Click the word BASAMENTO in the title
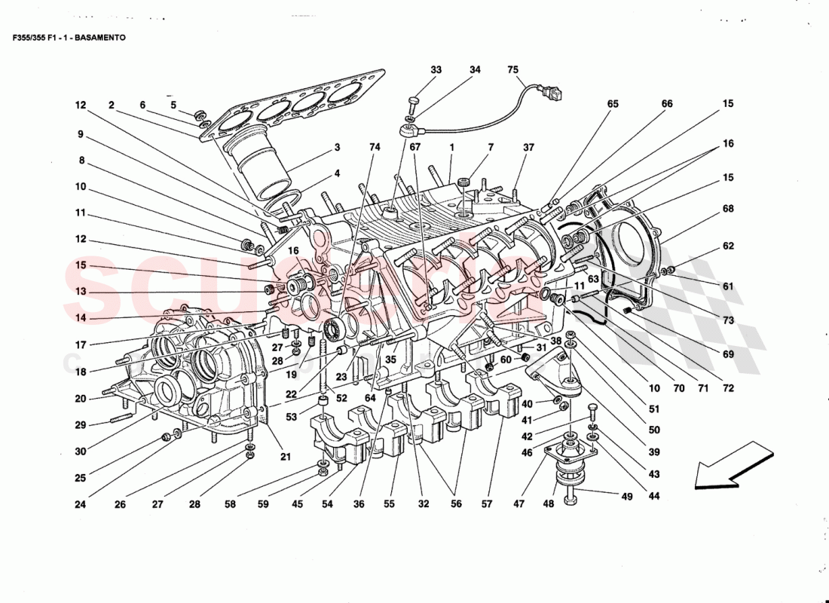point(99,37)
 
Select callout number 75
point(513,70)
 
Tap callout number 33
point(436,70)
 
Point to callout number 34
point(475,70)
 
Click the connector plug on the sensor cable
point(555,95)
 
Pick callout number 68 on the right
point(727,209)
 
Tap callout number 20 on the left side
point(80,399)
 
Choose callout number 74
point(375,147)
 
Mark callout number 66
point(667,105)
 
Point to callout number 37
point(528,147)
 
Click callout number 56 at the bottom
point(456,504)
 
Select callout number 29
point(80,426)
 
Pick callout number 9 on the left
point(80,136)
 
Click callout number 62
point(727,246)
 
